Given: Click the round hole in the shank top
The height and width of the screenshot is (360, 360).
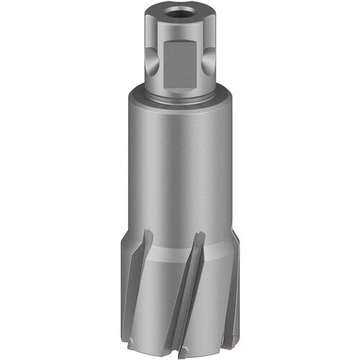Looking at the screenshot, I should point(180,12).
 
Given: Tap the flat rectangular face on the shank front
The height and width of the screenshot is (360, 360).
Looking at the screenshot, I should point(179,61).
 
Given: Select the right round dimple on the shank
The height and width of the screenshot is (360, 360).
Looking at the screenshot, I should point(209,63).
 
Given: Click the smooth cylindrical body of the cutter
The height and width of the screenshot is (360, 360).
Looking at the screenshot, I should point(180,166).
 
